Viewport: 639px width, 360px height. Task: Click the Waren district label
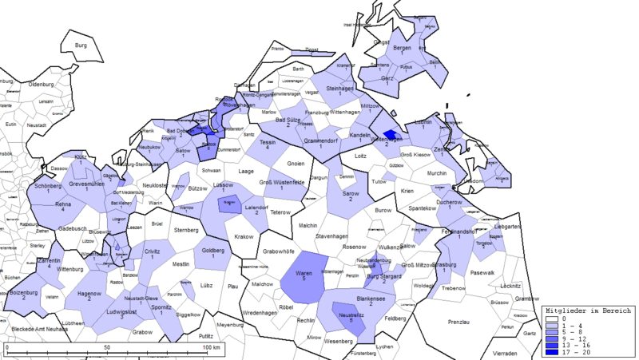304,273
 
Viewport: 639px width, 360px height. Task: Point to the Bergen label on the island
402,49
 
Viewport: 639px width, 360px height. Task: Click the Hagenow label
89,294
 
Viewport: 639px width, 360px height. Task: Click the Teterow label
280,212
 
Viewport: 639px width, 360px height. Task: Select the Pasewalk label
482,273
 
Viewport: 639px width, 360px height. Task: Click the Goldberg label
212,251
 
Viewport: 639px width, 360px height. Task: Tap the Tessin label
268,141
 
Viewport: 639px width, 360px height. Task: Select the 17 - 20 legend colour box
550,350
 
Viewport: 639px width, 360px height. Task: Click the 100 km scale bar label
210,348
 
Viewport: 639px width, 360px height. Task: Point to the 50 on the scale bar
106,348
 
